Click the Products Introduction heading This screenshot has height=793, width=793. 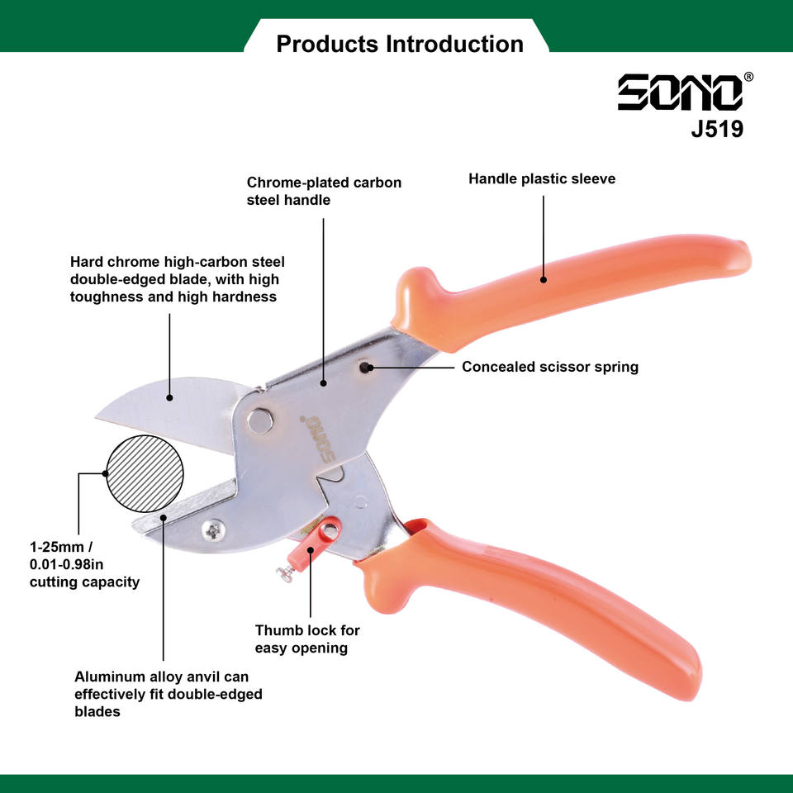(400, 44)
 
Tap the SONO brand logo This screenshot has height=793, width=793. (680, 93)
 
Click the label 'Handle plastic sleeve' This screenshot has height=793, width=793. (542, 178)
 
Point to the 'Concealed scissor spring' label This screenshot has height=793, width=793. (550, 367)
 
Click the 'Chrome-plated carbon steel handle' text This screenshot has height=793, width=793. (324, 191)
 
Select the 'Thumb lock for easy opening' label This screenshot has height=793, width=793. (307, 639)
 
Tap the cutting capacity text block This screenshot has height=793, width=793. (84, 564)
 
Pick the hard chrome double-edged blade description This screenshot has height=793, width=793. (177, 279)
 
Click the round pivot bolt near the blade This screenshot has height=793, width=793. (260, 420)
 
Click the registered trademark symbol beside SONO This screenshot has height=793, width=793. (748, 77)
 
